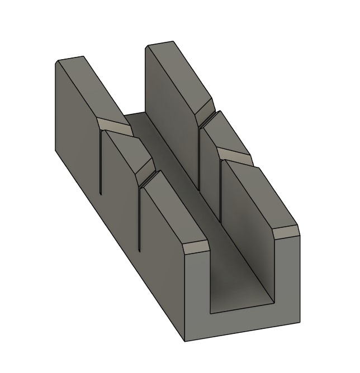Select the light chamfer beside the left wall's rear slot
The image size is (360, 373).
tap(113, 127)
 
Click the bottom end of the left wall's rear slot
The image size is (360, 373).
tap(100, 194)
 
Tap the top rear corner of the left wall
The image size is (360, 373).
tap(58, 60)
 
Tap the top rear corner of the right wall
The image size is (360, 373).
tap(149, 46)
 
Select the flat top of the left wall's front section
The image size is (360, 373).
tap(168, 207)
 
